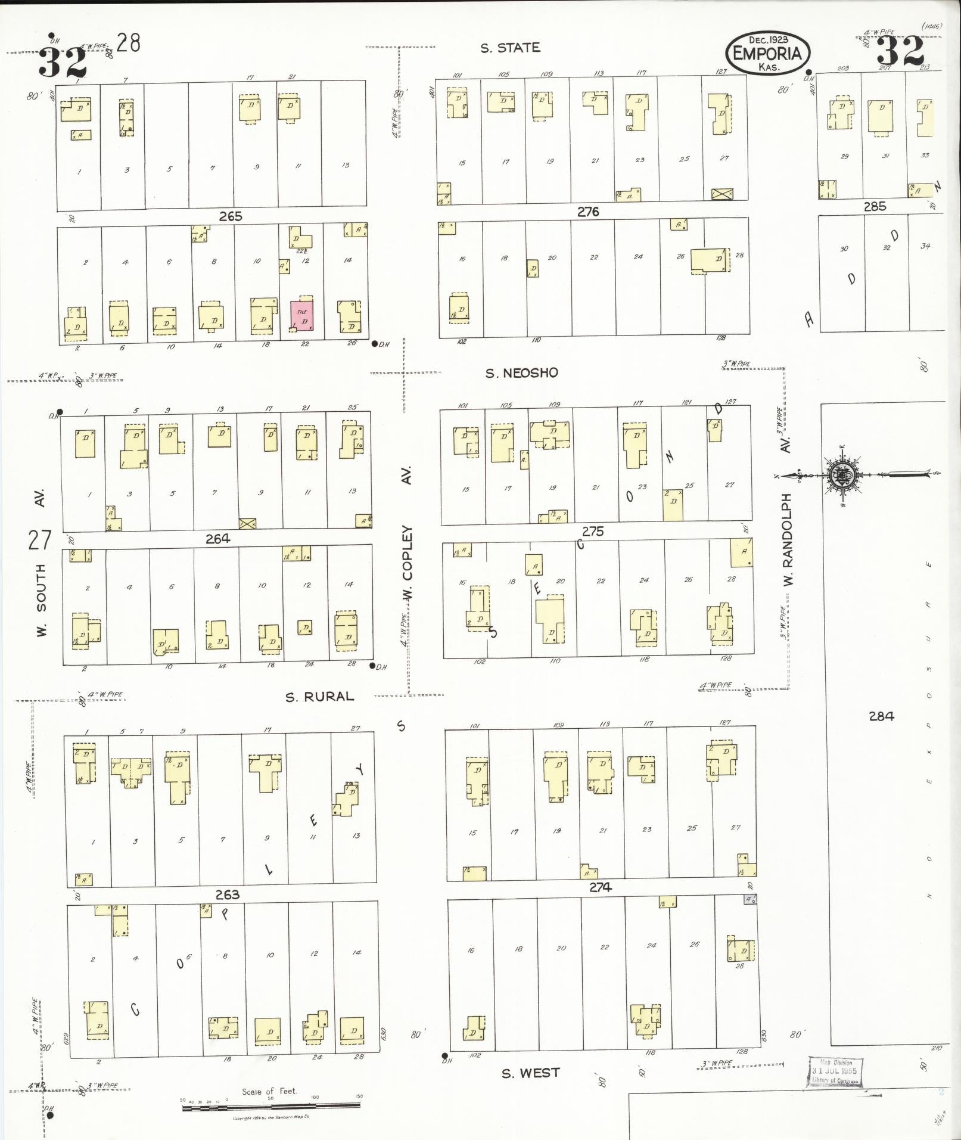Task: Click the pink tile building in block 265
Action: pyautogui.click(x=301, y=316)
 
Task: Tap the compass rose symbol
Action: pyautogui.click(x=843, y=475)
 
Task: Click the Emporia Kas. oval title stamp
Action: pyautogui.click(x=767, y=54)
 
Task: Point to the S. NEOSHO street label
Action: pyautogui.click(x=521, y=373)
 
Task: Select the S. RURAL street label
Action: pyautogui.click(x=319, y=696)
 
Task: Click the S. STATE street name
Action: pyautogui.click(x=510, y=48)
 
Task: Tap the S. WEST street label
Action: pyautogui.click(x=530, y=1073)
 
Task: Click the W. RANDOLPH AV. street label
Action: pyautogui.click(x=786, y=518)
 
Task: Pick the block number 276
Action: pyautogui.click(x=587, y=212)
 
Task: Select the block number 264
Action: pyautogui.click(x=217, y=539)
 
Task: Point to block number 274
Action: pyautogui.click(x=600, y=887)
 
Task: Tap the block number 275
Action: pyautogui.click(x=592, y=531)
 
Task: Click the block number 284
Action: pyautogui.click(x=881, y=716)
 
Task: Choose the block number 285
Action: pyautogui.click(x=875, y=207)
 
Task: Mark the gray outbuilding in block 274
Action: pyautogui.click(x=750, y=899)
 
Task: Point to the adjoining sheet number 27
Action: pyautogui.click(x=40, y=540)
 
